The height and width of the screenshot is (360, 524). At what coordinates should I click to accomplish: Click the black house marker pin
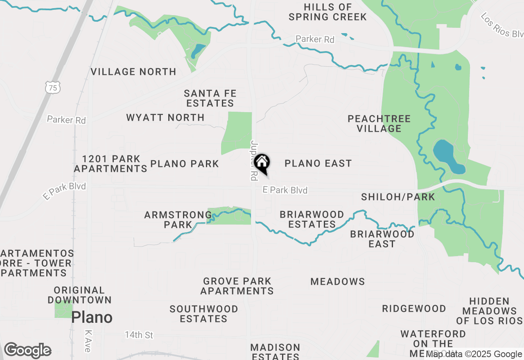[262, 163]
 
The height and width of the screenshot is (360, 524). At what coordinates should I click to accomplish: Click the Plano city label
[92, 317]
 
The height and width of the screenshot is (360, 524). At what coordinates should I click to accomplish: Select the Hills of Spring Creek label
[327, 12]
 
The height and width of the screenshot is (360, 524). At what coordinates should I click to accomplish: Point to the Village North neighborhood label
[133, 72]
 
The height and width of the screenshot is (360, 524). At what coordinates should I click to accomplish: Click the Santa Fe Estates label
[209, 99]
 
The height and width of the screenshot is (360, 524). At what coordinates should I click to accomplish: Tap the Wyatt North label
[165, 118]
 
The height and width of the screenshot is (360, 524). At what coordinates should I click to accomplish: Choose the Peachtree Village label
[379, 124]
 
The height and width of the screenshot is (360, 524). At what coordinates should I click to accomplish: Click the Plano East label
[318, 164]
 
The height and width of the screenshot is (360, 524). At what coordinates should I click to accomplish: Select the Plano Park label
[185, 164]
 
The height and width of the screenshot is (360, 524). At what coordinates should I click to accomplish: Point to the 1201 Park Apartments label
[111, 164]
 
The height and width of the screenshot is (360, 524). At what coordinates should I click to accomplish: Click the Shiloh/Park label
[398, 197]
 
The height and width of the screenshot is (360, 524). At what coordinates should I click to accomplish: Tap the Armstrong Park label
[178, 220]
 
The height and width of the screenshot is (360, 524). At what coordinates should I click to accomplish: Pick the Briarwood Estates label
[312, 220]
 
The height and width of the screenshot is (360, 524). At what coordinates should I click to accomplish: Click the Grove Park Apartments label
[237, 286]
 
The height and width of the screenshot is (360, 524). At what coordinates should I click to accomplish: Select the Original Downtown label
[79, 295]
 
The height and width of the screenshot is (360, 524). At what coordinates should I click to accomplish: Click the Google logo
[27, 351]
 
